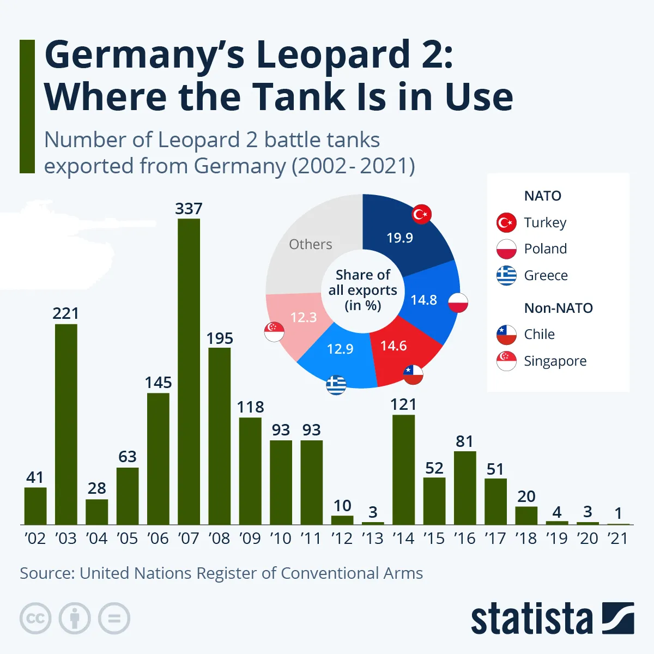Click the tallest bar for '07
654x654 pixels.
pos(189,371)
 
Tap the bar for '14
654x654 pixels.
pos(403,469)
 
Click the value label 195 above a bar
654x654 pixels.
pos(220,338)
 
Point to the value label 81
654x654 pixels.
pos(464,441)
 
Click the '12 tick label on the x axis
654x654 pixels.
pos(342,538)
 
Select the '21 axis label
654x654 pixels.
pos(618,538)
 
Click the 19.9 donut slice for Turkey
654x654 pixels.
pos(403,234)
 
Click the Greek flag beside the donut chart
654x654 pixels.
pos(336,385)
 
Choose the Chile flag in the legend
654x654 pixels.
pos(506,335)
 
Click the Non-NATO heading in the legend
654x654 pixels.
pos(558,308)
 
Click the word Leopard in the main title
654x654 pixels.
pos(332,55)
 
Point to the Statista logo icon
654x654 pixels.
pos(618,618)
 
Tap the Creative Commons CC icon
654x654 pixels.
pos(35,618)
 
